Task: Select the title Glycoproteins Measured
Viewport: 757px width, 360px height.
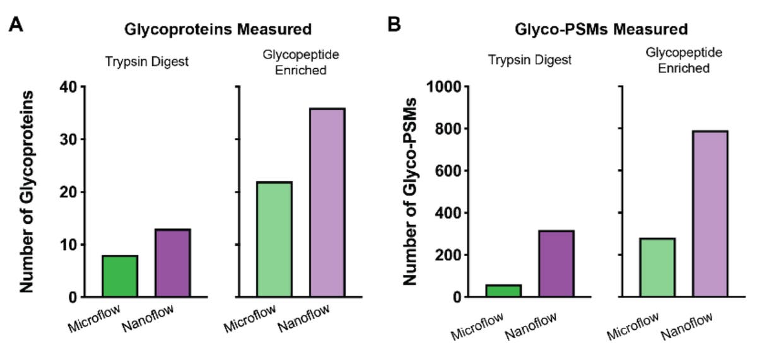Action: point(218,29)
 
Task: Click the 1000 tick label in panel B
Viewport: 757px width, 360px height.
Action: point(445,86)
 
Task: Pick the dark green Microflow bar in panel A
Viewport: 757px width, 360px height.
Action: point(120,276)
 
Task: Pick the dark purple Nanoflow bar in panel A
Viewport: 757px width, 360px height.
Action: point(173,263)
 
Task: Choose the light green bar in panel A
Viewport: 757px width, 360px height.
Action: point(274,240)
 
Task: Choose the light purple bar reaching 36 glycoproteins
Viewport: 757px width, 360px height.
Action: point(327,202)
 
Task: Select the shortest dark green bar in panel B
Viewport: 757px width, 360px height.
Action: point(503,291)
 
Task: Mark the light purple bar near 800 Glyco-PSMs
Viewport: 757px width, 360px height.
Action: point(711,214)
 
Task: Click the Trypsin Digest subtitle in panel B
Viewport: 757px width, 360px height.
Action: point(530,61)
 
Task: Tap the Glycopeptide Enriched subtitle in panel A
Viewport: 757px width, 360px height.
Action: point(300,62)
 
